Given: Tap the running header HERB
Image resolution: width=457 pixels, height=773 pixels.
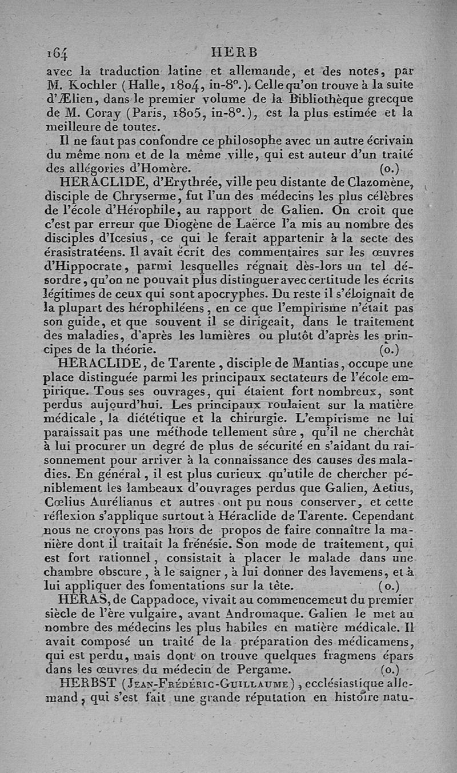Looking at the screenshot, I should point(234,52).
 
